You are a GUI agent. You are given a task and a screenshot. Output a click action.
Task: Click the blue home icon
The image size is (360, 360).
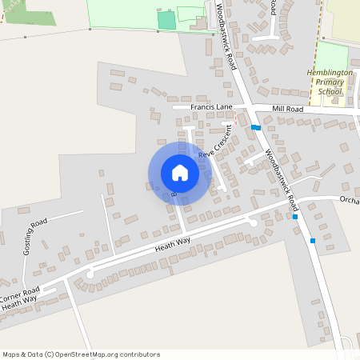(x=180, y=173)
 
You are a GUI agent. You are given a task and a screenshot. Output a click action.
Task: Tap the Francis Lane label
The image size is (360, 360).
(x=213, y=106)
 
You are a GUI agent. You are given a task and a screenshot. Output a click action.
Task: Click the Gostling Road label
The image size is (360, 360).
(x=35, y=238)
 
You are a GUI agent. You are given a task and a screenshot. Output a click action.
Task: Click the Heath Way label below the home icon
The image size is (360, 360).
(x=172, y=245)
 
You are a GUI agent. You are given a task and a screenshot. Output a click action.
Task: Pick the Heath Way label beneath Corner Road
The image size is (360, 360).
(x=18, y=304)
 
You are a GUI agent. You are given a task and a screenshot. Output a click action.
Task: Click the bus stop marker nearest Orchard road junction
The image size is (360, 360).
(x=295, y=216)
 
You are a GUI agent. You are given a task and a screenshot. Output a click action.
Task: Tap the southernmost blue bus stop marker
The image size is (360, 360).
(x=313, y=241)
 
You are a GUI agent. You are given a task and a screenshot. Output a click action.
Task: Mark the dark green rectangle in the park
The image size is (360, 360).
(x=166, y=20)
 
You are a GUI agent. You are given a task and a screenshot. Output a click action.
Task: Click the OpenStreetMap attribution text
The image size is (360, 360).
(x=81, y=354)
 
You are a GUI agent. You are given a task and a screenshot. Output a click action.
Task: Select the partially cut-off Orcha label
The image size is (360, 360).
(x=349, y=200)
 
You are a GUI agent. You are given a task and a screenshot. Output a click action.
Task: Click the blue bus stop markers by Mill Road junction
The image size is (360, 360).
(x=255, y=127)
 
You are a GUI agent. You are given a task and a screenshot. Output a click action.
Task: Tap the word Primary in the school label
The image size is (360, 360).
(x=328, y=82)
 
